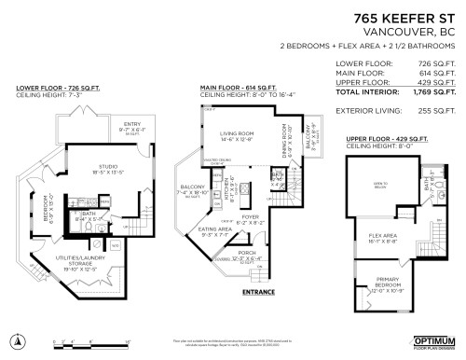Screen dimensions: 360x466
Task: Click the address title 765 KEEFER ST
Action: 407,16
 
